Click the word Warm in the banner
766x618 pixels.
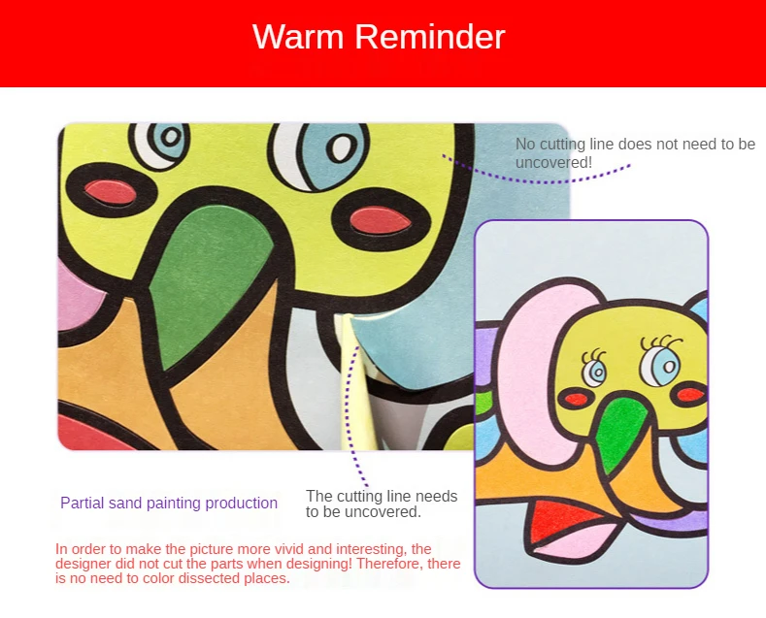coord(298,37)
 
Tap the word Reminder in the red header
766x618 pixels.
coord(430,37)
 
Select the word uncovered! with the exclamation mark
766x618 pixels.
coord(554,163)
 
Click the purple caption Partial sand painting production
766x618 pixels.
coord(169,503)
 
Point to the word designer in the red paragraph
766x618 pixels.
coord(83,564)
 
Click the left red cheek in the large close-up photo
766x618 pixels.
coord(111,192)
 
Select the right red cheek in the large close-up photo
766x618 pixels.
coord(381,219)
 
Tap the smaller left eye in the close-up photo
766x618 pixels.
coord(160,144)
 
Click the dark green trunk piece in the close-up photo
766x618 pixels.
coord(210,283)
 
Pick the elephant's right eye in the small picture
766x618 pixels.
coord(659,364)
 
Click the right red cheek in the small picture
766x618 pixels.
coord(690,394)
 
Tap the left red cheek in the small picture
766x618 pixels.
coord(577,400)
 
